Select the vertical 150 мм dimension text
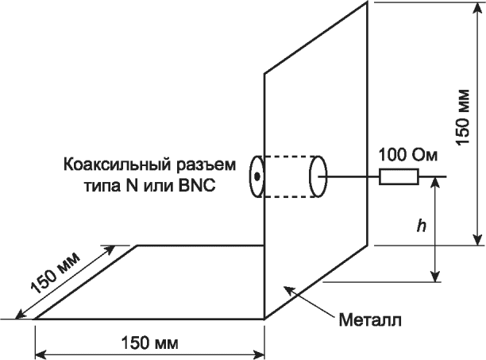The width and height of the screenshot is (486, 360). tap(463, 119)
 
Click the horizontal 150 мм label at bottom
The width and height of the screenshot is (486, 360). tap(148, 343)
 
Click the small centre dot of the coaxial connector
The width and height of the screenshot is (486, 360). tap(257, 176)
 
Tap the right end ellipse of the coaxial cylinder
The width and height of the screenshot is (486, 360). tap(318, 176)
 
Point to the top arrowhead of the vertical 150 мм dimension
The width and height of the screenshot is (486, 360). tap(476, 6)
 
